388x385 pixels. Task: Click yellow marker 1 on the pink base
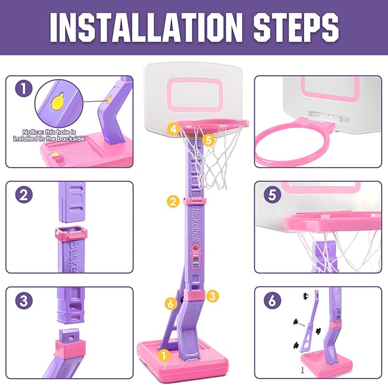point(165,355)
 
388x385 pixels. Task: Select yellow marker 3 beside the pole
point(212,295)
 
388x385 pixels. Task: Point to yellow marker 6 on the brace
point(170,303)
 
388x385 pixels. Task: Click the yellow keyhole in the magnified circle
point(58,103)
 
